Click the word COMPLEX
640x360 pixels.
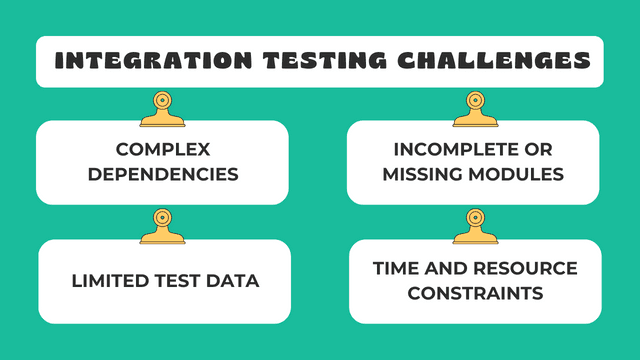click(x=163, y=150)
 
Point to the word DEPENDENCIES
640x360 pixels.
click(x=163, y=174)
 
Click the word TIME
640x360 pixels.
click(x=396, y=269)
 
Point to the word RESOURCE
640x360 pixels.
click(x=526, y=269)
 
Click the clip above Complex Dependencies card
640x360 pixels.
click(x=162, y=110)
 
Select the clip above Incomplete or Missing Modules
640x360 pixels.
click(x=475, y=110)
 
